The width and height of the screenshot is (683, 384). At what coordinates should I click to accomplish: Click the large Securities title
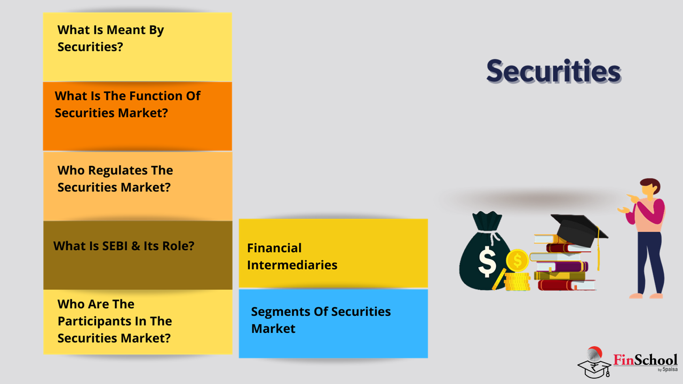point(554,71)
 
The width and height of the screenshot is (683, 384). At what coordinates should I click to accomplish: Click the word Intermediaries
point(292,265)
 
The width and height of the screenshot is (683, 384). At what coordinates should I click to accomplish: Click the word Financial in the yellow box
point(274,248)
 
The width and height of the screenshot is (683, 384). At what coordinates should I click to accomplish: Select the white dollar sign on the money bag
point(487,261)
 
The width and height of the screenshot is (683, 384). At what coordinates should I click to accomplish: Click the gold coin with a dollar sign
point(517,261)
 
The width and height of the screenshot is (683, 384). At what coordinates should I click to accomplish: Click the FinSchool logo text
point(645,360)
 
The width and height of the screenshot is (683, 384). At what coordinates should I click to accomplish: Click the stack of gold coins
point(517,281)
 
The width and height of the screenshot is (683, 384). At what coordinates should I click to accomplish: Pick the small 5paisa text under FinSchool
point(670,370)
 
